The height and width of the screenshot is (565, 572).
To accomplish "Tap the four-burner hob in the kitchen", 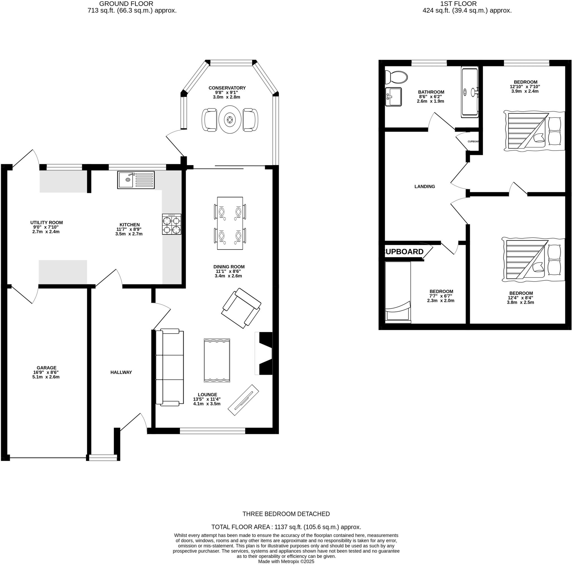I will [172, 224].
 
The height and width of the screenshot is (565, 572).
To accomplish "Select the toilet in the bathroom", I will [396, 78].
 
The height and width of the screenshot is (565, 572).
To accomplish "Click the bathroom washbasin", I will [393, 97].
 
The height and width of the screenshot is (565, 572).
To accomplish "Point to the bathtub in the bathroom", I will [470, 92].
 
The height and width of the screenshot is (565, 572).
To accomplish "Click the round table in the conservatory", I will [230, 120].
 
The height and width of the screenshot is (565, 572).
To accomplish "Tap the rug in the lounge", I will [217, 360].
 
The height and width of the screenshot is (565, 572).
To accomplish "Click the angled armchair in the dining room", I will [241, 308].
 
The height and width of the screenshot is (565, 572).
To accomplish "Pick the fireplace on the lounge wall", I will [265, 354].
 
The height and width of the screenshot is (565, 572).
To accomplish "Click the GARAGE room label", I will [46, 368].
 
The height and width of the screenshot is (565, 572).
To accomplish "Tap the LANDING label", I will [425, 187].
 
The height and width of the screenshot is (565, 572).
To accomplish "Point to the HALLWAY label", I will [121, 373].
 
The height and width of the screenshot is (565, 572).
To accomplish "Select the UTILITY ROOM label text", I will [46, 223].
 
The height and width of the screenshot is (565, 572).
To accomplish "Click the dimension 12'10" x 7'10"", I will [525, 87].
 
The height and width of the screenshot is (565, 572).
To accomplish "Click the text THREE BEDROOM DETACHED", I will [286, 514].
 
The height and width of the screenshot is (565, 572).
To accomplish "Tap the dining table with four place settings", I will [230, 223].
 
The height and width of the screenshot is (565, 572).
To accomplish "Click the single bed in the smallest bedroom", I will [398, 291].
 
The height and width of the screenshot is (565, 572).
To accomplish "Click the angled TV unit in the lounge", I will [243, 400].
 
